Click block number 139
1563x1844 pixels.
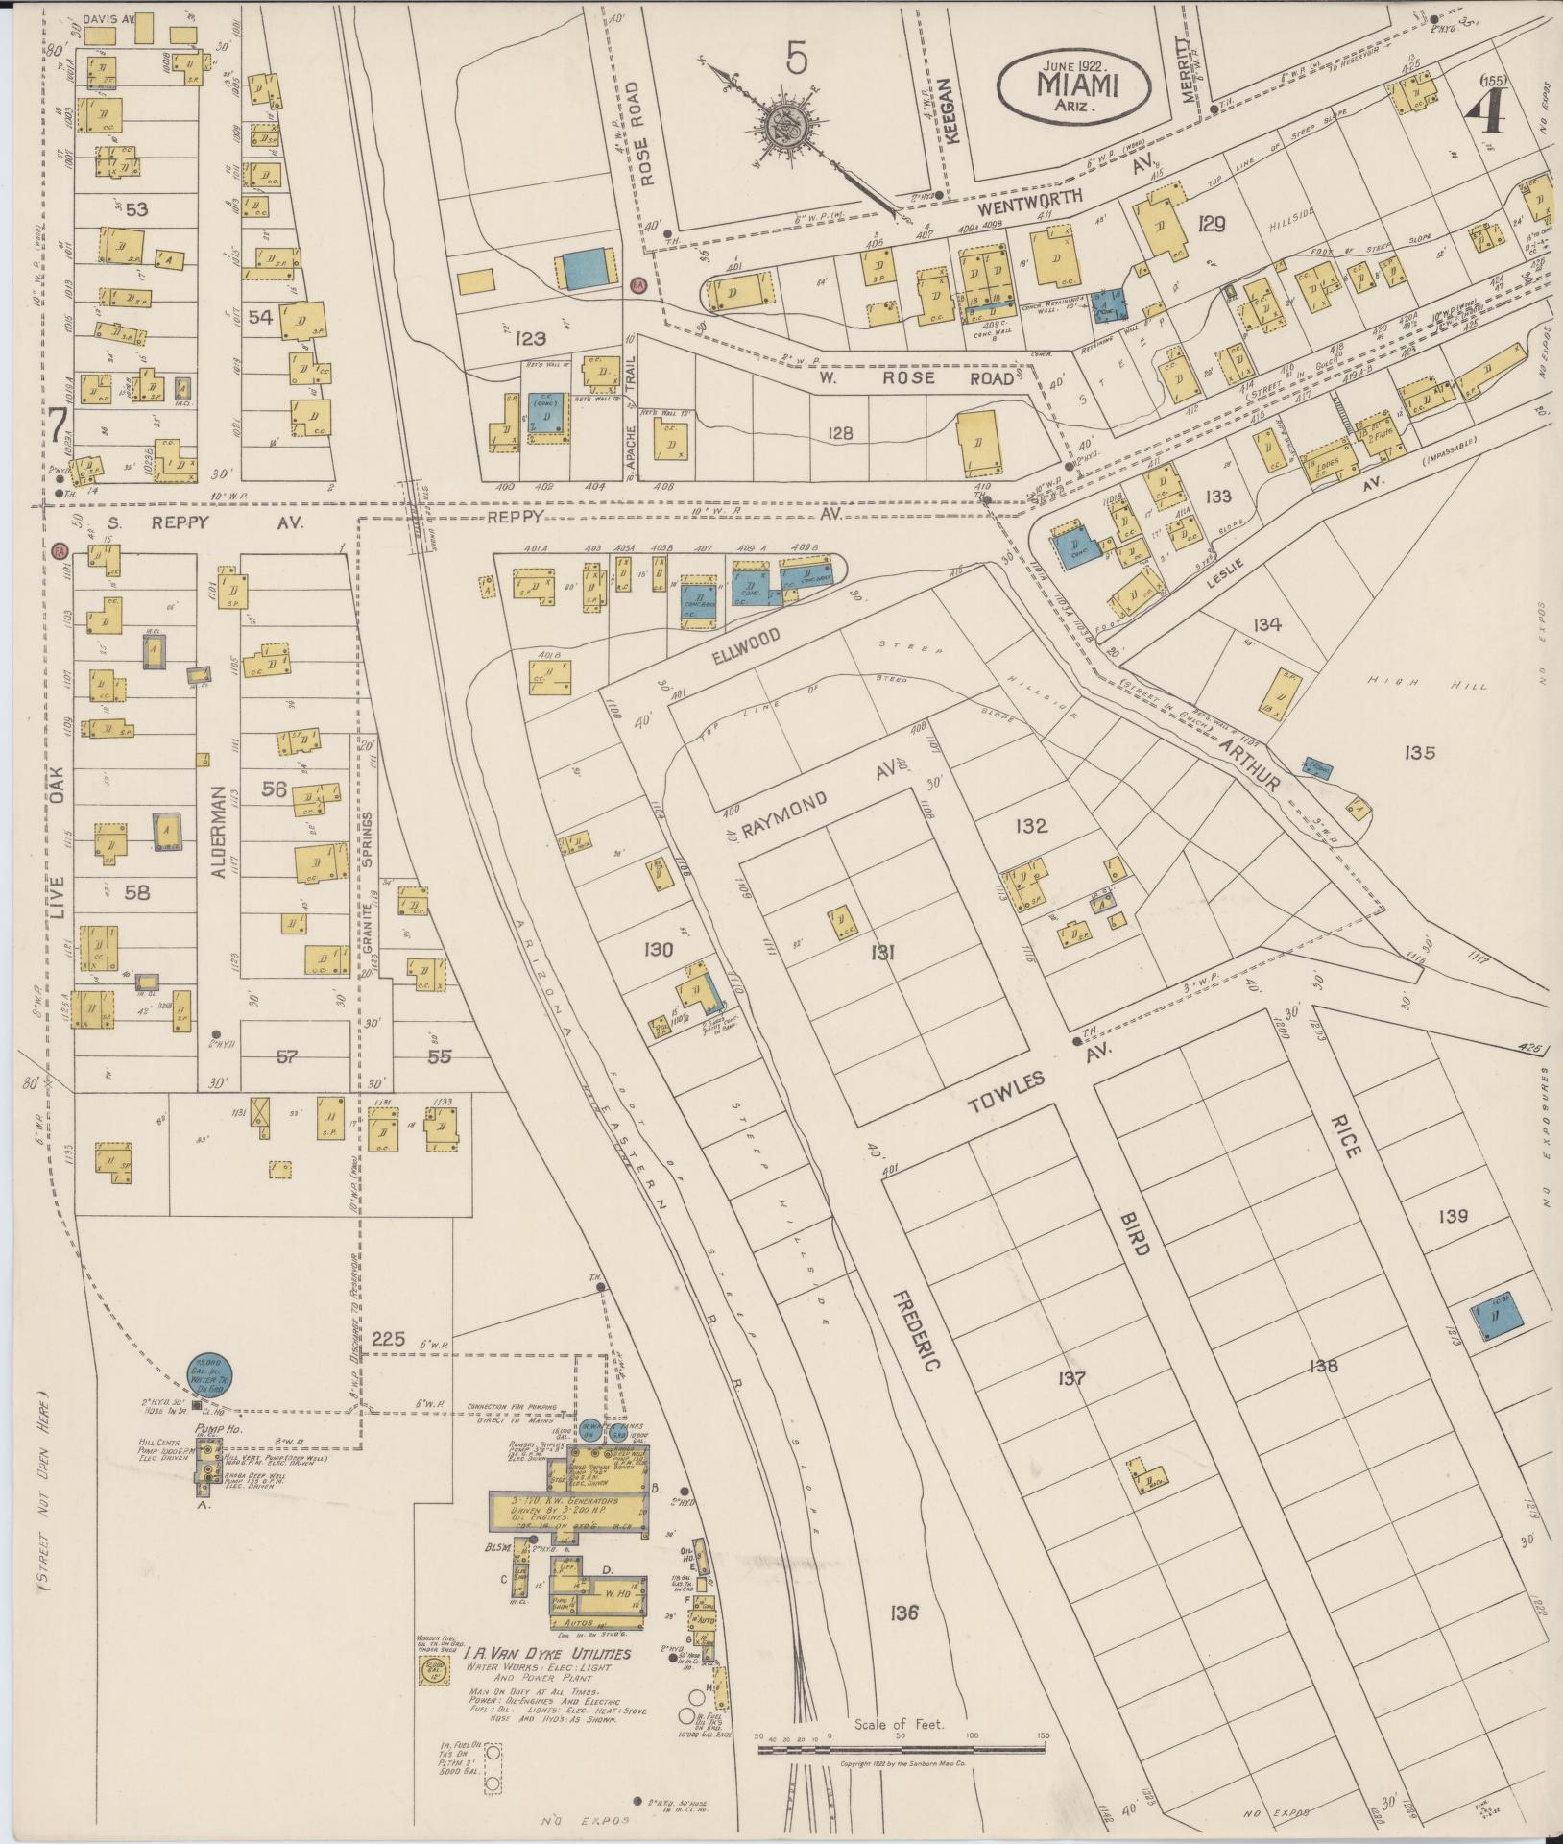[1454, 1216]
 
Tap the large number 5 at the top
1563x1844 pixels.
[796, 59]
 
